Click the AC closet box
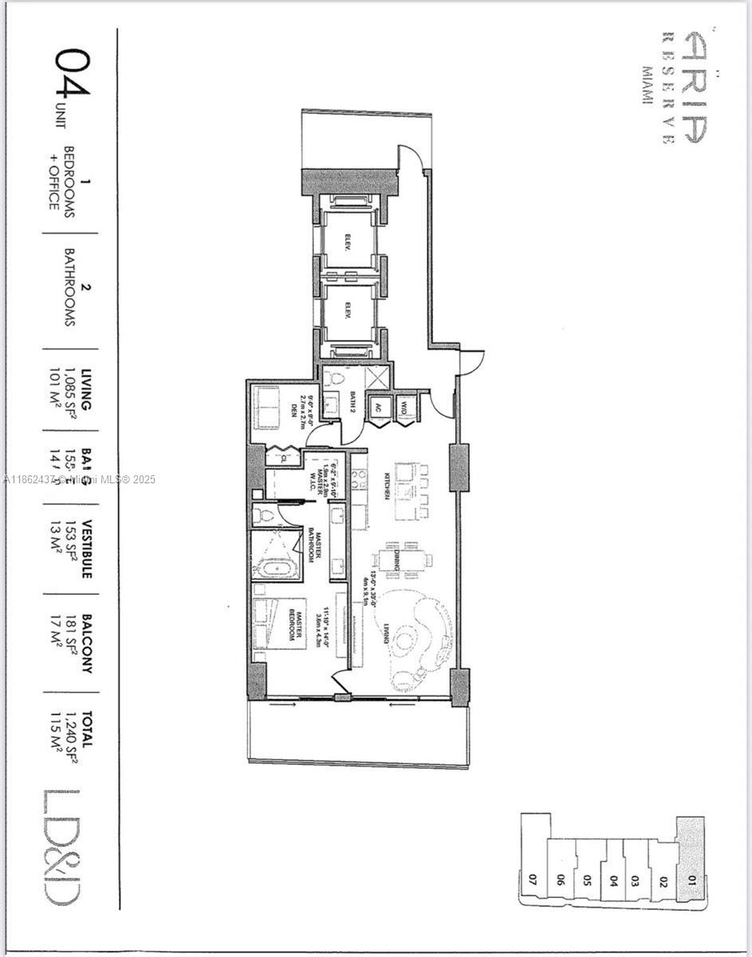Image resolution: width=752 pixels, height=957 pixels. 378,407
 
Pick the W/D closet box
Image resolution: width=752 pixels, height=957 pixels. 404,407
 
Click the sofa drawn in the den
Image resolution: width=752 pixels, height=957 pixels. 267,408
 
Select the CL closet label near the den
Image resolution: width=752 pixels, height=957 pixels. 280,459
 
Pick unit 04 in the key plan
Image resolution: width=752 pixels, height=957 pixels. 613,881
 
